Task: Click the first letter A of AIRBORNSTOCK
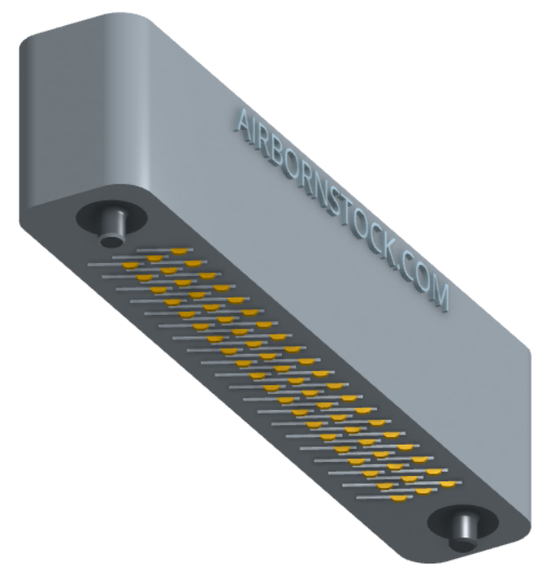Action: point(244,123)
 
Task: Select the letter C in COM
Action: point(407,269)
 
